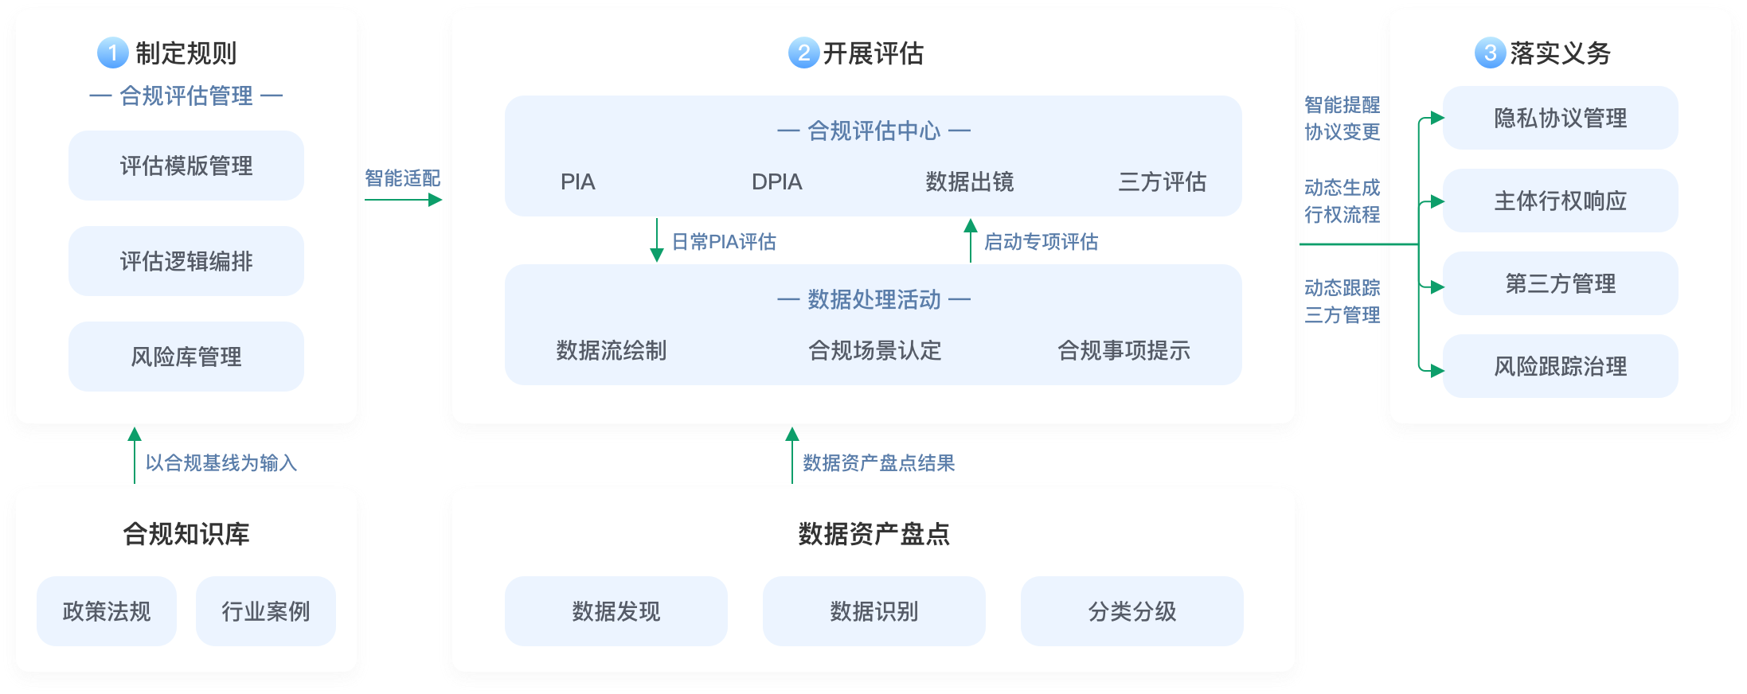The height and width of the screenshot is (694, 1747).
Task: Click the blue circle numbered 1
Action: pos(112,53)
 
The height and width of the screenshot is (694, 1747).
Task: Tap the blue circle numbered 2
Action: pos(803,53)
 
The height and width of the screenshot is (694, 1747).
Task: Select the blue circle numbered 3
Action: pos(1490,53)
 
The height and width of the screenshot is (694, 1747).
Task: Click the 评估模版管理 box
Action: pos(186,166)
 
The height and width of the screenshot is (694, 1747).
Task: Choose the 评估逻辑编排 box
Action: pos(186,261)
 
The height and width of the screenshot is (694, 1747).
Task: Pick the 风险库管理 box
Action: pos(186,357)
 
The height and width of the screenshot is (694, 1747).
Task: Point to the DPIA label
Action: pos(776,182)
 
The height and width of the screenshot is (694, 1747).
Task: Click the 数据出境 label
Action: pos(969,182)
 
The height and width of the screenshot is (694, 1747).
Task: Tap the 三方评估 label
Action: pos(1162,182)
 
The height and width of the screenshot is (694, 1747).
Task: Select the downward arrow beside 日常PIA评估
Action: pos(657,240)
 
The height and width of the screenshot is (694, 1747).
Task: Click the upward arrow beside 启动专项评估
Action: pos(970,240)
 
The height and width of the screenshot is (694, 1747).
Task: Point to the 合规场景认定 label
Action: pos(874,350)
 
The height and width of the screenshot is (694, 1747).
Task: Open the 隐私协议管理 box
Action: pos(1560,118)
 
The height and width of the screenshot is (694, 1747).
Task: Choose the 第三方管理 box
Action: pos(1560,283)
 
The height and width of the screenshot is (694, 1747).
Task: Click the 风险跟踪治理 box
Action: pos(1560,366)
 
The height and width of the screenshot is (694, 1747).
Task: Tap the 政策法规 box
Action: pos(107,611)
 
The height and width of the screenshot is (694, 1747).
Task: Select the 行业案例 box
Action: pos(266,611)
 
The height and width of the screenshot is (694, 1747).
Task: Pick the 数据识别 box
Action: pos(874,611)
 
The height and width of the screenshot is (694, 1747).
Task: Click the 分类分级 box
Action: pos(1131,611)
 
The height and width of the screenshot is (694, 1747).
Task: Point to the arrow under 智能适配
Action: pos(403,200)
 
